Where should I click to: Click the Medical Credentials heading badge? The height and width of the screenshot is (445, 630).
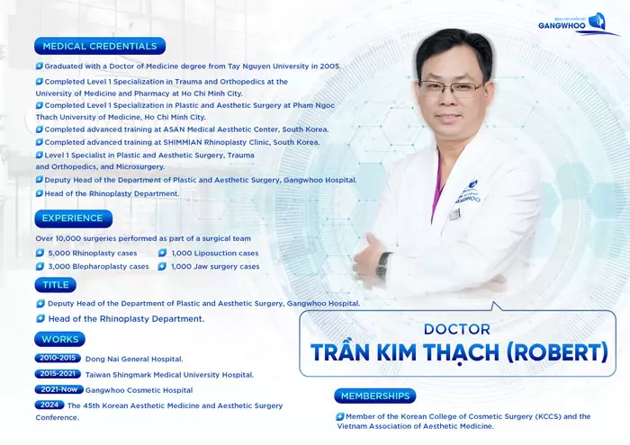tap(100, 46)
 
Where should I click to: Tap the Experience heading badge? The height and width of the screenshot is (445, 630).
tap(73, 218)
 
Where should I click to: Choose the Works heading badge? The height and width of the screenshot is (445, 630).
tap(60, 339)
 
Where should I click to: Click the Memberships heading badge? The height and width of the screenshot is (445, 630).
tap(375, 396)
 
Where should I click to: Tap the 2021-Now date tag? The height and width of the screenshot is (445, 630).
tap(59, 389)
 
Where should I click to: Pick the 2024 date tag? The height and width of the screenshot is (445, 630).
tap(49, 405)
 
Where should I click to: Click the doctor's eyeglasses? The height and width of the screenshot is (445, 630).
tap(450, 88)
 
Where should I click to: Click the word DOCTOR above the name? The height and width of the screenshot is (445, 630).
tap(456, 329)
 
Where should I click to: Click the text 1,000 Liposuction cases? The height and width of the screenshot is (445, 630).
tap(215, 254)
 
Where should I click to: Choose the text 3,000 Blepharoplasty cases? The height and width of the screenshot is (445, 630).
tap(98, 267)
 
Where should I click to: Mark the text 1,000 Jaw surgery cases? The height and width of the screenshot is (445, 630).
tap(215, 267)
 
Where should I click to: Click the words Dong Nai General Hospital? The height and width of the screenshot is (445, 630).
tap(134, 359)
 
